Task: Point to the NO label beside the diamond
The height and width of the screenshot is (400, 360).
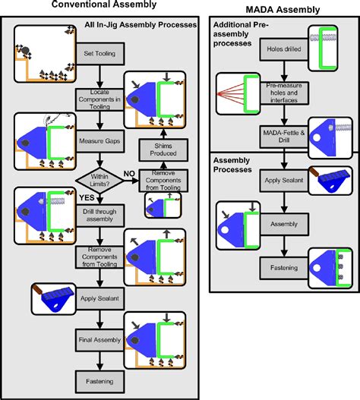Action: coord(129,173)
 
